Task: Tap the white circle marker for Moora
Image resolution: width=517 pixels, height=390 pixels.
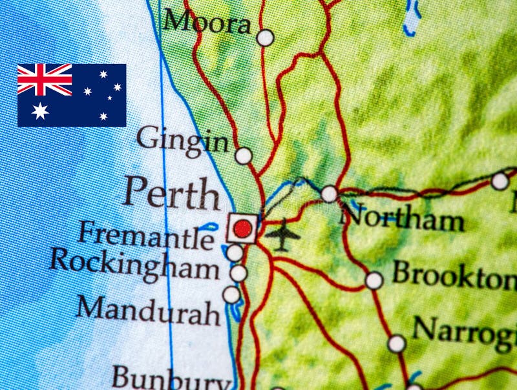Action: click(x=265, y=38)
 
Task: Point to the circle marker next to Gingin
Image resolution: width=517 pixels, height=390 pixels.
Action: click(x=244, y=156)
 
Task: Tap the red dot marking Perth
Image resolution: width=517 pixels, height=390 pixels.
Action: click(x=242, y=229)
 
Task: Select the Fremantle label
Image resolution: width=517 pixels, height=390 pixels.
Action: click(x=145, y=235)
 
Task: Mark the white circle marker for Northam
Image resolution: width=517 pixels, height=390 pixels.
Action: click(x=330, y=194)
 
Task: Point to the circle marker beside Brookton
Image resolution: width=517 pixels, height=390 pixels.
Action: click(x=374, y=280)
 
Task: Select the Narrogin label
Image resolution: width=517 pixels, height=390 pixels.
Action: click(x=464, y=333)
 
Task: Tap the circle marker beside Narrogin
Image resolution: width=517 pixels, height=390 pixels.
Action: click(x=397, y=344)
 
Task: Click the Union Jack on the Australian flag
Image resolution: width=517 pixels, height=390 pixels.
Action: click(x=45, y=79)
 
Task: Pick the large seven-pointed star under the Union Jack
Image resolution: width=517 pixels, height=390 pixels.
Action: click(x=40, y=110)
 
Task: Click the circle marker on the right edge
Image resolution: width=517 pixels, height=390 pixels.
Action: click(x=500, y=181)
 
